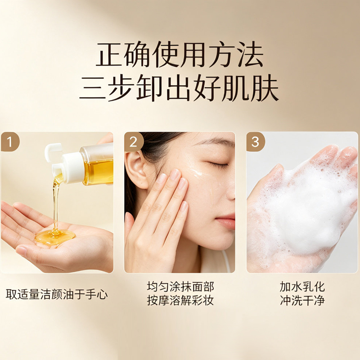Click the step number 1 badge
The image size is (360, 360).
click(x=10, y=141)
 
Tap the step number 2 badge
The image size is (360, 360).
click(x=134, y=142)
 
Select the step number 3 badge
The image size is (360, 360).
click(x=256, y=142)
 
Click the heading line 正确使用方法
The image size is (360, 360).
click(x=179, y=54)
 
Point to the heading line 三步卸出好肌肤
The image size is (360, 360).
click(x=179, y=88)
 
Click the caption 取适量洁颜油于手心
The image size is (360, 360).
click(x=57, y=294)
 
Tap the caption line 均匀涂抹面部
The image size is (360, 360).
click(x=180, y=287)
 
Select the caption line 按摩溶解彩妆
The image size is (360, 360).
click(x=180, y=301)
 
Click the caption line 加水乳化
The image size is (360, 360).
click(x=302, y=287)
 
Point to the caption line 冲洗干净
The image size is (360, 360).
click(x=302, y=301)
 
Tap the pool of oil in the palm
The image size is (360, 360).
click(x=55, y=237)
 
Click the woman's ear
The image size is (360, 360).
click(x=135, y=170)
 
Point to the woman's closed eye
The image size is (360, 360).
click(x=217, y=164)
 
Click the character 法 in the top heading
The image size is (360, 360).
click(x=250, y=54)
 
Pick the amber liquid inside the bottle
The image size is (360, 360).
click(x=98, y=172)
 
